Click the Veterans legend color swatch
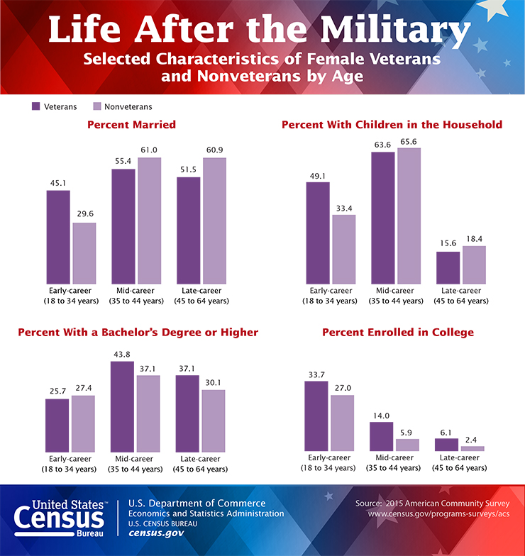pos(35,106)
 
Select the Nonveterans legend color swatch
pos(96,106)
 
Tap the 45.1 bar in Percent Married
pos(58,236)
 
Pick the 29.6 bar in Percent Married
pos(84,252)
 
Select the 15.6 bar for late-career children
pos(447,267)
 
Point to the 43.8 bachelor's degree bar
pos(122,406)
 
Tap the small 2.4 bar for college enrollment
pos(472,449)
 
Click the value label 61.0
pos(149,150)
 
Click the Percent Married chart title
pos(131,125)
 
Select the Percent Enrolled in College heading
pos(398,332)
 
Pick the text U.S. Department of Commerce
pos(197,504)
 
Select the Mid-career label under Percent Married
pos(136,291)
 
